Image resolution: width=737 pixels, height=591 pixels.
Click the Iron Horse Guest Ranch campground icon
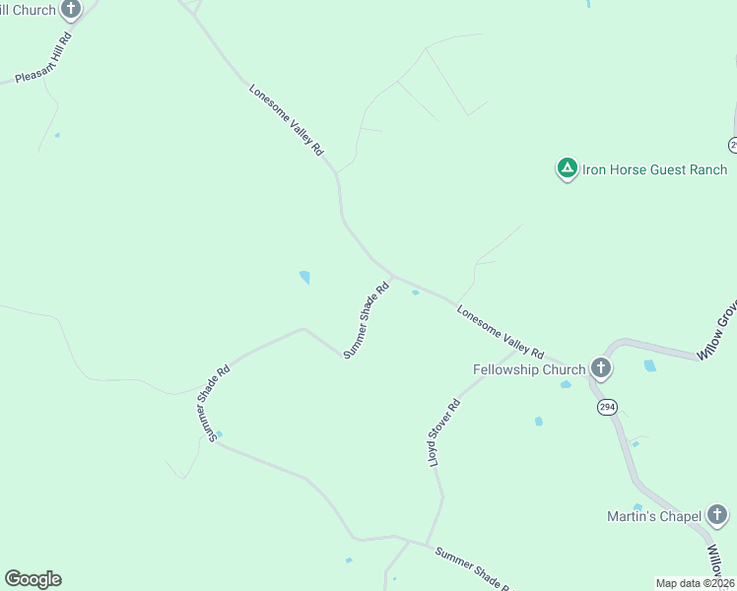point(567,169)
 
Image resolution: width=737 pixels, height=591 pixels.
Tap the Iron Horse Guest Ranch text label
point(654,169)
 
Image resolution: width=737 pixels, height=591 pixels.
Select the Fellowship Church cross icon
point(601,369)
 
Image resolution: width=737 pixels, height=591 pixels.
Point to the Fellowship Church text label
point(529,370)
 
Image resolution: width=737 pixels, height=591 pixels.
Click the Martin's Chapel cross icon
point(717,516)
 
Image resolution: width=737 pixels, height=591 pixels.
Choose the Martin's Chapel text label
point(653,516)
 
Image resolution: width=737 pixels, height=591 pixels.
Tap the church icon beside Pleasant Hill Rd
point(71,10)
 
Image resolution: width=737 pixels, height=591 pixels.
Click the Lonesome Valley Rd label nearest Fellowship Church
point(501,331)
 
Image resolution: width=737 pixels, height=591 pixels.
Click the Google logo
point(33,579)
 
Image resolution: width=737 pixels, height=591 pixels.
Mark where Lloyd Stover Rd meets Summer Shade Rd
point(427,544)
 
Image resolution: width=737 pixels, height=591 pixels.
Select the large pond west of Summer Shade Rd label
point(304,278)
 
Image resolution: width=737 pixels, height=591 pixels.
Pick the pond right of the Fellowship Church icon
point(649,365)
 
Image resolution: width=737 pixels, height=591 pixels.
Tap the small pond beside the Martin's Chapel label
point(637,507)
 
